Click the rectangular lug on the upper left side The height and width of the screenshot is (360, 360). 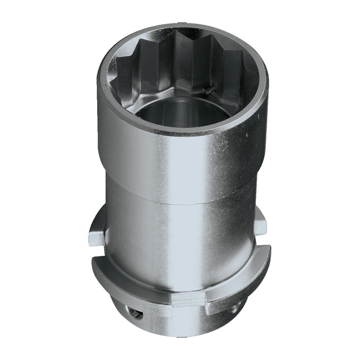click(97, 234)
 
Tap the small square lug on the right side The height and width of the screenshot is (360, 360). click(261, 224)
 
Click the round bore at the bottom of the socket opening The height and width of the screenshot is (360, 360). click(180, 110)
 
